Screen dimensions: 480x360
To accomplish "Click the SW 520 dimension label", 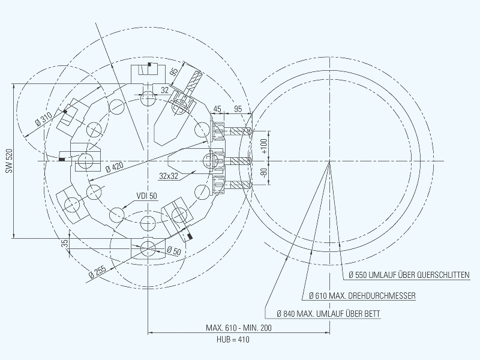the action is click(9, 161).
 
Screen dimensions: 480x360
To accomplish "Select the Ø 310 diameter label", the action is click(44, 119).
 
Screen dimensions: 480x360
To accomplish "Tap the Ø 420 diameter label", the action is click(115, 167).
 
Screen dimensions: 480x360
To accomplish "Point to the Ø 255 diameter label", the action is click(97, 272).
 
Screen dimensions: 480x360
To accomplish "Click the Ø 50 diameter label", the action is click(174, 251).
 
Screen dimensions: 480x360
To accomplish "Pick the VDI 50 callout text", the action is click(147, 196).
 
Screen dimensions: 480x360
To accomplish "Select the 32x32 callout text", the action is click(169, 176).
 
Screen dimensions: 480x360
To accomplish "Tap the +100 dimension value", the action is click(264, 146).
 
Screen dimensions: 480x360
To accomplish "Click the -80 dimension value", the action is click(264, 172).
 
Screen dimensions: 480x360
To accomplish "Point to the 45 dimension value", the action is click(217, 109).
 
